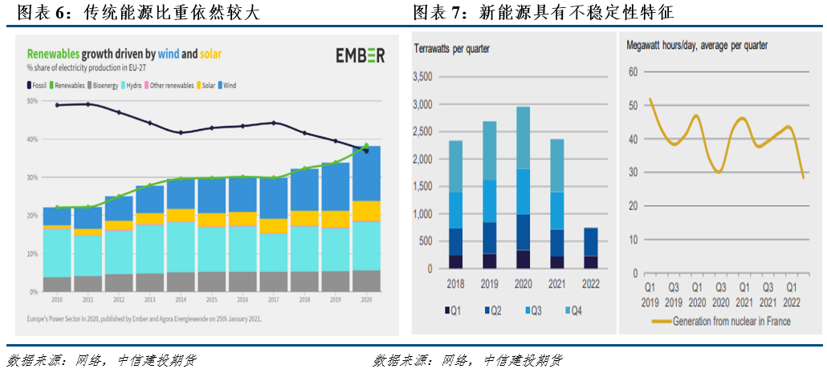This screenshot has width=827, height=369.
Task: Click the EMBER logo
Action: click(x=361, y=55)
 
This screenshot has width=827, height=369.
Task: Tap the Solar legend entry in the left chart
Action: click(x=205, y=84)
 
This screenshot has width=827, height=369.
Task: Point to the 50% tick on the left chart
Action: click(x=33, y=101)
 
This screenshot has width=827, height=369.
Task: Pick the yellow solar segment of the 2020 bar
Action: click(x=366, y=211)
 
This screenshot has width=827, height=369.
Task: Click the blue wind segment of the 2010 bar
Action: click(x=57, y=216)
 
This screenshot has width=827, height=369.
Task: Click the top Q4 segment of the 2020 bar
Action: click(x=523, y=137)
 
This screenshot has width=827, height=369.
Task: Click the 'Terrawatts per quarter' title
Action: click(x=451, y=49)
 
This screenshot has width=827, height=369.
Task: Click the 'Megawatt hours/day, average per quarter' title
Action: click(x=696, y=45)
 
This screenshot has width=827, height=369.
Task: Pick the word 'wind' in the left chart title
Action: click(x=169, y=55)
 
